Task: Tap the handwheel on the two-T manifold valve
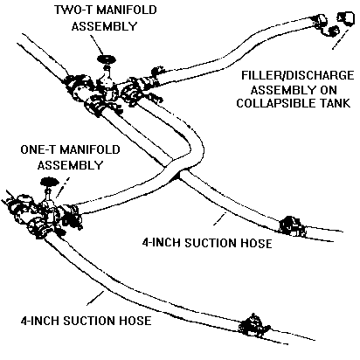[x=106, y=59]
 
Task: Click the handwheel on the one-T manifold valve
[x=49, y=182]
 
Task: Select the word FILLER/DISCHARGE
[x=297, y=75]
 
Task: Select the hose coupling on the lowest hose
[x=253, y=325]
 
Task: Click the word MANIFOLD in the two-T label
[x=127, y=10]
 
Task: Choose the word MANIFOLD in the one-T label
[x=90, y=149]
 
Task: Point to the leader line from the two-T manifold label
[x=97, y=45]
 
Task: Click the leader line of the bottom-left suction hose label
[x=95, y=298]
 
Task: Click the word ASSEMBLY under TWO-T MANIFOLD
[x=104, y=26]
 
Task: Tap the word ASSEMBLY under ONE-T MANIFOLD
[x=70, y=165]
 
